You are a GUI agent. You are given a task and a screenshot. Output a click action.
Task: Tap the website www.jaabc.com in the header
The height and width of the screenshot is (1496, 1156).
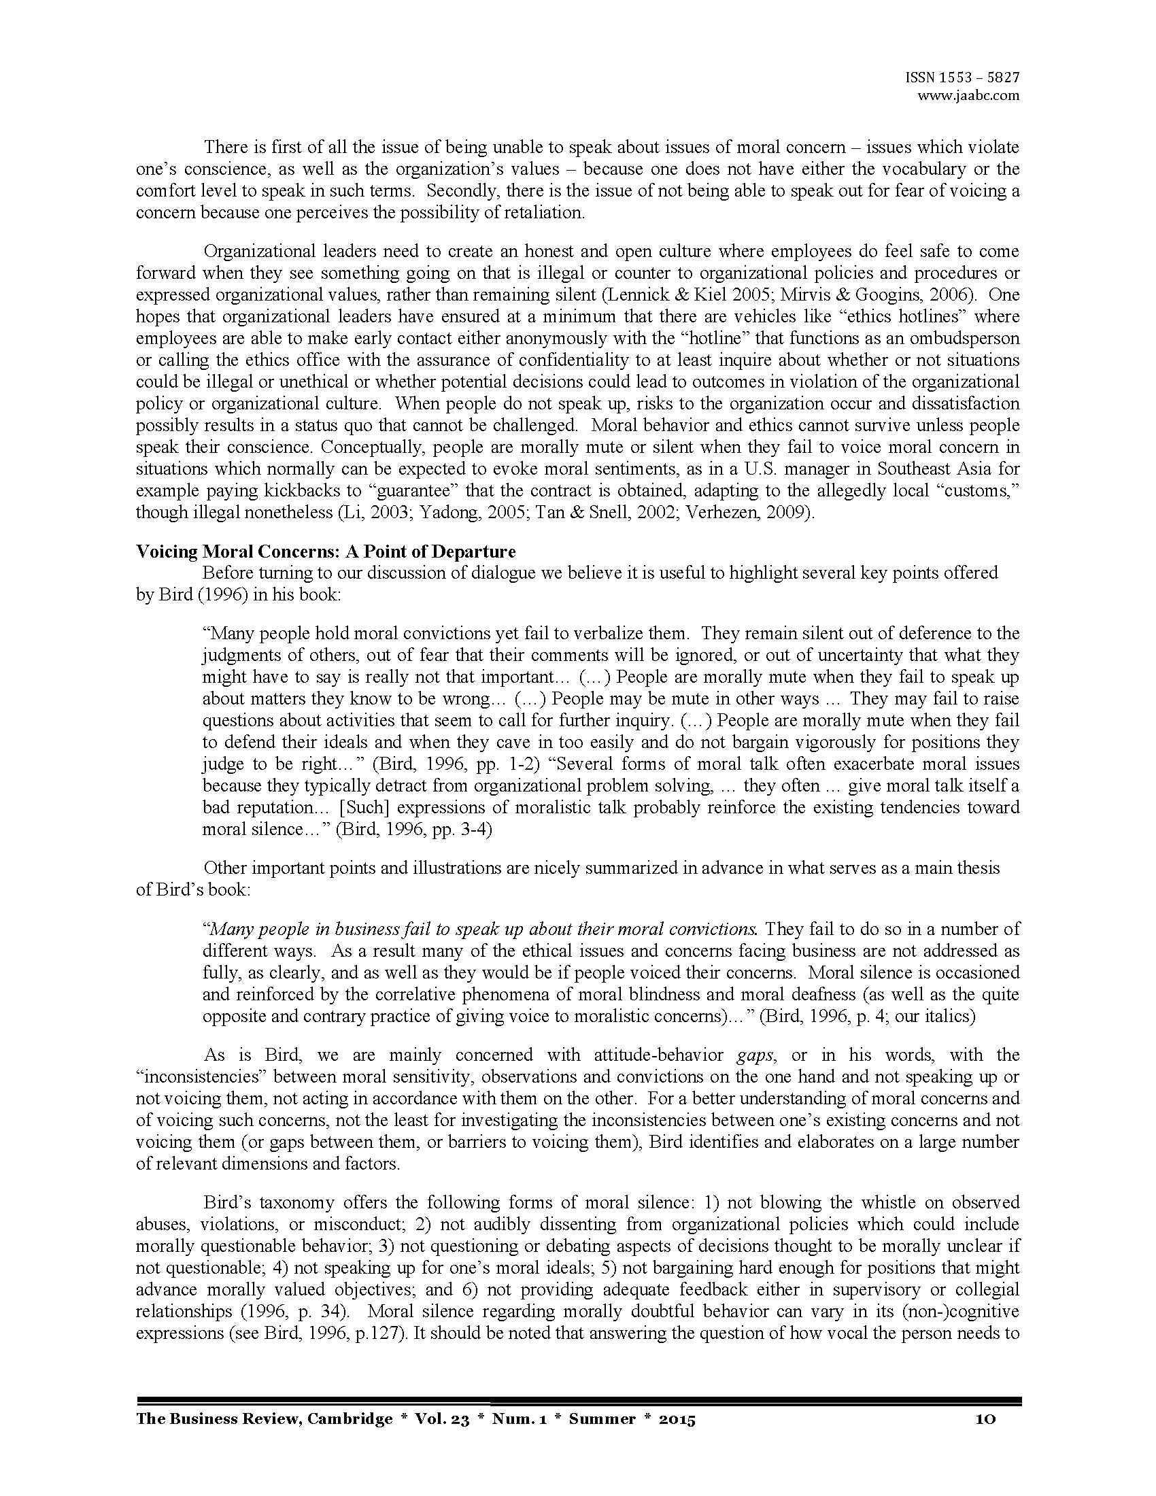pos(968,96)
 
